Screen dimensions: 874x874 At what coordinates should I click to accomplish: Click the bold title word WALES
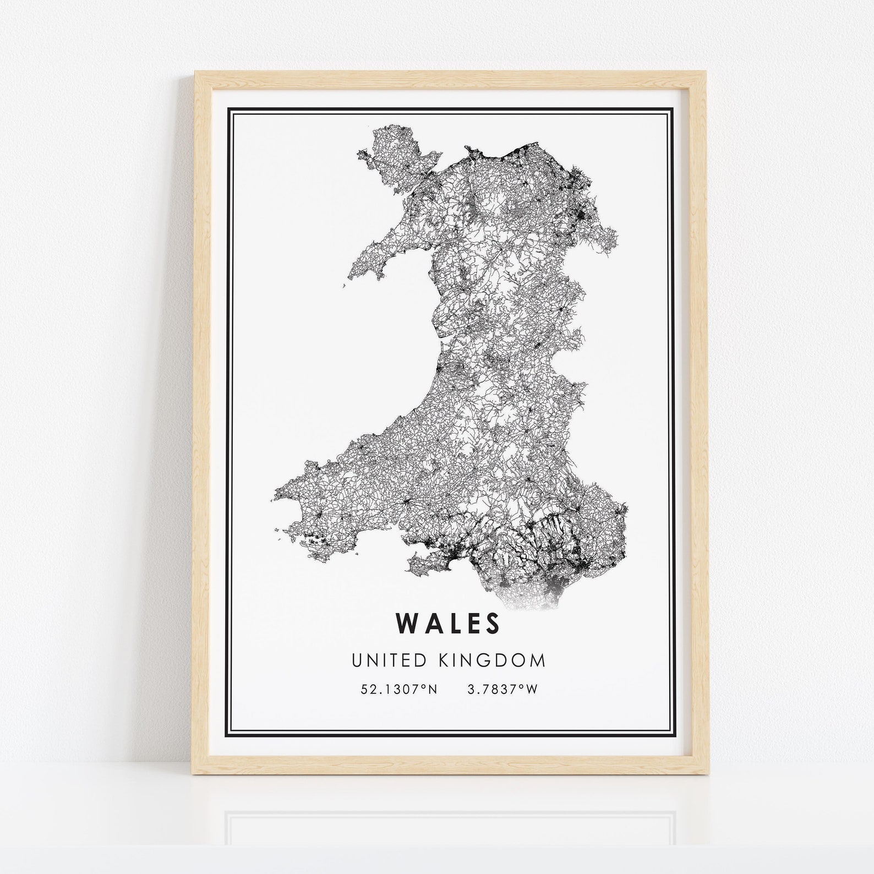[x=448, y=623]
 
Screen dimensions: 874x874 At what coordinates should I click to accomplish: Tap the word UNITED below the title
[x=387, y=660]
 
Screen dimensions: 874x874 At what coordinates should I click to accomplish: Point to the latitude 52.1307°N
[x=399, y=689]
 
